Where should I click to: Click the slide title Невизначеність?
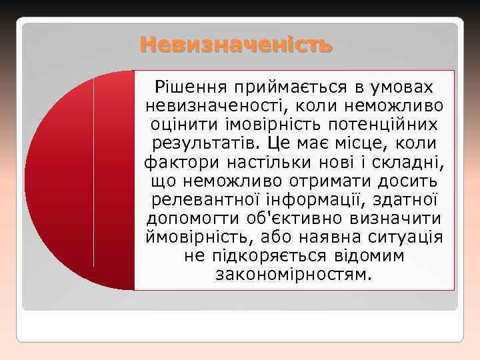click(235, 46)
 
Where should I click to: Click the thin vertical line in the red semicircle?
click(94, 173)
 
